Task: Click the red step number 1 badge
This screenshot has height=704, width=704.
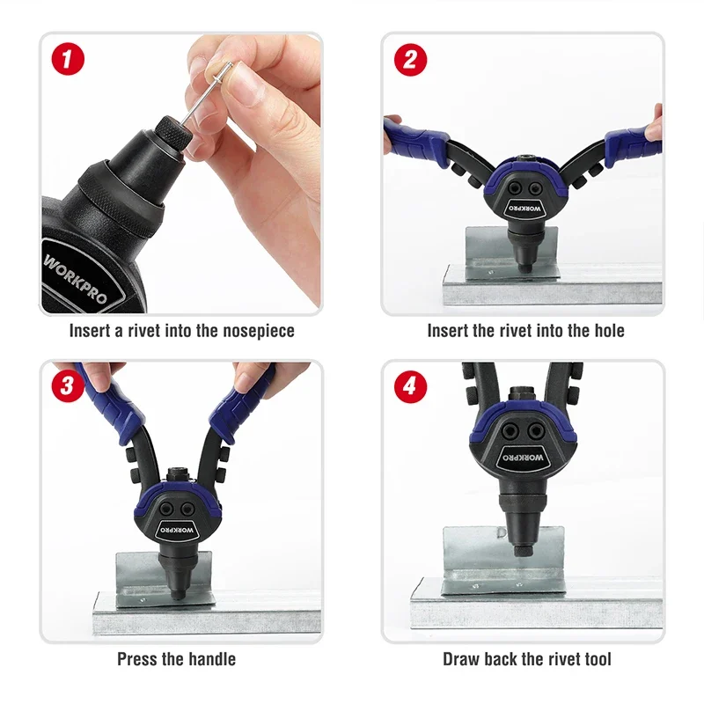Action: [x=68, y=59]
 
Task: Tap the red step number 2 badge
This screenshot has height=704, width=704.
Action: [x=410, y=60]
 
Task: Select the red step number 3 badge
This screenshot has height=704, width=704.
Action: [x=68, y=385]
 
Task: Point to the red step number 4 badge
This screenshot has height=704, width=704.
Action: [x=410, y=386]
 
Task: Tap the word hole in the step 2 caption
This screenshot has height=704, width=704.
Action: [x=609, y=331]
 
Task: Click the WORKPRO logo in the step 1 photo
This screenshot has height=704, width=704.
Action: [x=77, y=278]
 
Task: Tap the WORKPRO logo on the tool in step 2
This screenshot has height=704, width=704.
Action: [x=524, y=209]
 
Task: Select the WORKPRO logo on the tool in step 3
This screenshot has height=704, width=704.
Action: [x=178, y=531]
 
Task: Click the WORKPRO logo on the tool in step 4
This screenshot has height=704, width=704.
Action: [x=524, y=458]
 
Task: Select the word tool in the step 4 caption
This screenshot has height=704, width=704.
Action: [x=598, y=659]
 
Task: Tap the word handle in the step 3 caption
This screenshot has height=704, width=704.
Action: [x=212, y=659]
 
